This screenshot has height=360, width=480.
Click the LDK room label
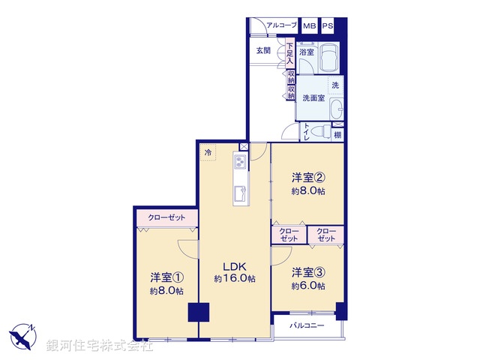click(234, 265)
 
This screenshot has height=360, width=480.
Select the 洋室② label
click(308, 178)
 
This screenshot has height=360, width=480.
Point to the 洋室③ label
click(308, 271)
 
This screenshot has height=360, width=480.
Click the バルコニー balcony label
click(307, 326)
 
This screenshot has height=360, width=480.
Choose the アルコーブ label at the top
click(281, 26)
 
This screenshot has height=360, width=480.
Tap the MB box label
click(309, 26)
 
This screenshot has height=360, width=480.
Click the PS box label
click(328, 26)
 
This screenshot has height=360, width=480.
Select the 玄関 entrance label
click(262, 52)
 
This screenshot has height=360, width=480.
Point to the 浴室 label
click(307, 52)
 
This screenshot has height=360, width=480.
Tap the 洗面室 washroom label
click(313, 98)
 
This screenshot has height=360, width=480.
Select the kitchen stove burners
click(241, 161)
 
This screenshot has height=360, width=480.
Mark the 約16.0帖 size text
click(234, 278)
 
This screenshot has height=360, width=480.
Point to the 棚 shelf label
click(338, 135)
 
